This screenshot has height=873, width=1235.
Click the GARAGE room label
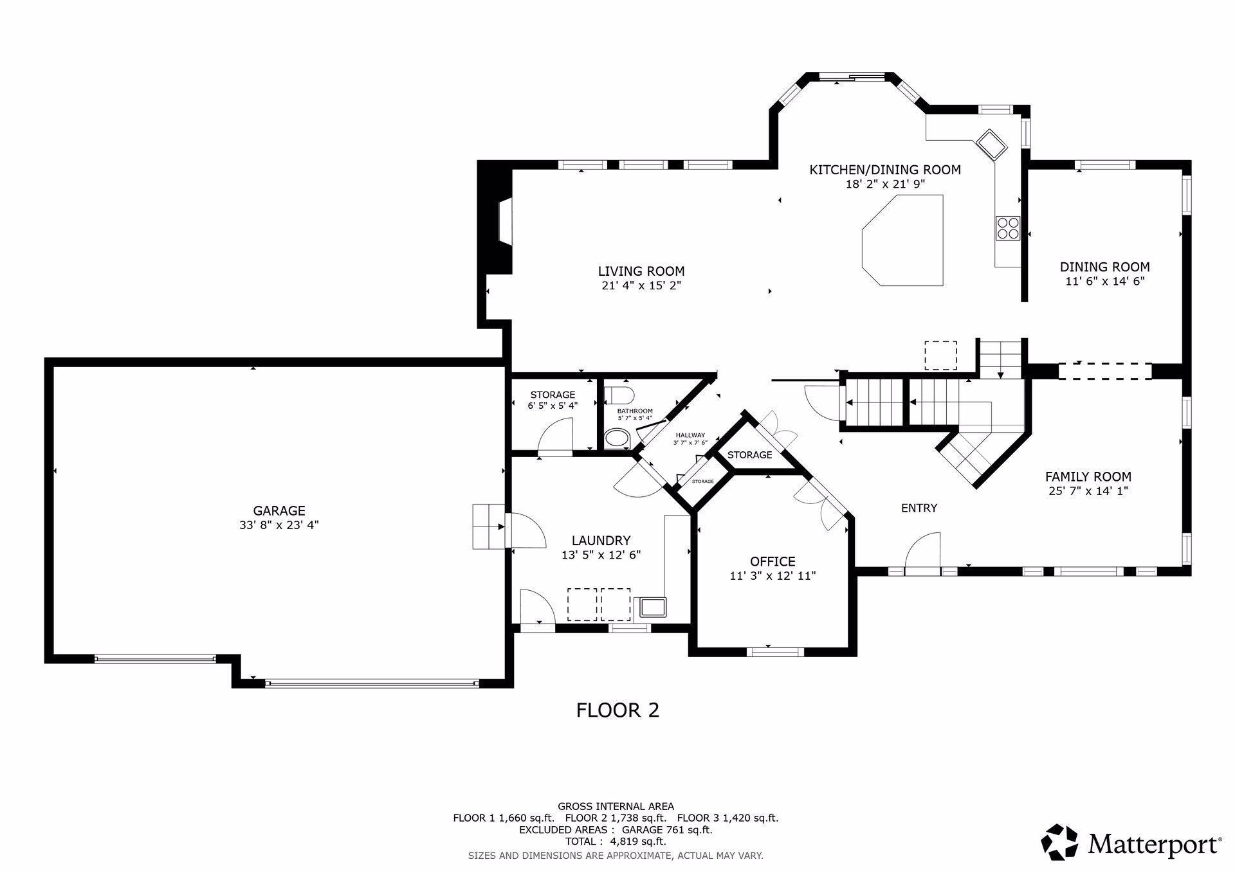point(279,510)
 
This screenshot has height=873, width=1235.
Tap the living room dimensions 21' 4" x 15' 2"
point(641,285)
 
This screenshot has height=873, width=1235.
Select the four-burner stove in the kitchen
point(1008,227)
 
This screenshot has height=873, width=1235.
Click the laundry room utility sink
point(650,607)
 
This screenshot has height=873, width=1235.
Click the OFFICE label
point(773,561)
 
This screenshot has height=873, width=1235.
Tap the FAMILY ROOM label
point(1088,476)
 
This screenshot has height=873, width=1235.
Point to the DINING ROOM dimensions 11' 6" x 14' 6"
point(1104,281)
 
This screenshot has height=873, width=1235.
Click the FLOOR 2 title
point(617,710)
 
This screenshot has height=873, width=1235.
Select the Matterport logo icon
point(1059,842)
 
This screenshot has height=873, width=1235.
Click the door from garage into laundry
point(526,531)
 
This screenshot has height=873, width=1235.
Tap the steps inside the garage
point(489,526)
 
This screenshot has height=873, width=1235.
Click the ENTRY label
point(919,508)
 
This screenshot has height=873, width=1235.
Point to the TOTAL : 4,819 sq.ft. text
point(616,842)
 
